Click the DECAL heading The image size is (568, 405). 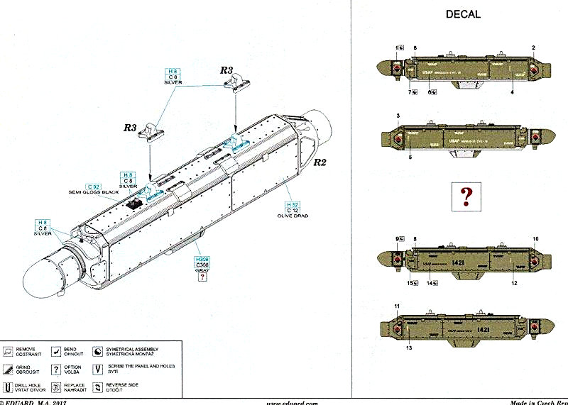[462, 14]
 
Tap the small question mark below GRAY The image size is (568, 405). [202, 278]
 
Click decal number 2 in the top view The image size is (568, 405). [532, 48]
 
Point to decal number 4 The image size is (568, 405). [510, 91]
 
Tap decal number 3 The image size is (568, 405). [398, 115]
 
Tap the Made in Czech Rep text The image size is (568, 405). [539, 401]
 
